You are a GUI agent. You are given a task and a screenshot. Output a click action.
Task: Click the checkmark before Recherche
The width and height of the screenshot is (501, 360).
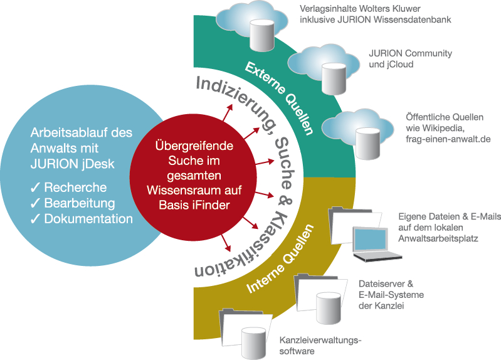tap(36, 188)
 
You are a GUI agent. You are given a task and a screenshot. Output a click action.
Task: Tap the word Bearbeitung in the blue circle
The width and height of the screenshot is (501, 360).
tap(80, 203)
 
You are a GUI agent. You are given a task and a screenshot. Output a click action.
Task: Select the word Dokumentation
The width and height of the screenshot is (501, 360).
tap(88, 219)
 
